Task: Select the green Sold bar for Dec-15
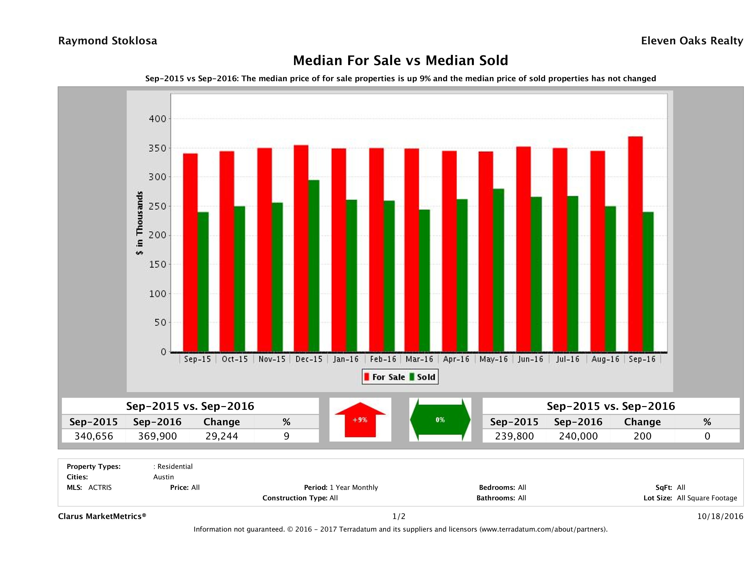click(x=314, y=265)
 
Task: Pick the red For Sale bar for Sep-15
click(x=190, y=252)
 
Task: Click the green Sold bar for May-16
click(x=498, y=270)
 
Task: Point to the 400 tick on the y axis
click(x=158, y=119)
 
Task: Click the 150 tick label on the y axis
click(x=158, y=265)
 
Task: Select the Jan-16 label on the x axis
click(x=346, y=359)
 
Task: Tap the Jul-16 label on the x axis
click(x=567, y=359)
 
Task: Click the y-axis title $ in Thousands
click(x=140, y=223)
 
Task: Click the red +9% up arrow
click(x=360, y=420)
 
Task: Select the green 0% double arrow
click(x=440, y=420)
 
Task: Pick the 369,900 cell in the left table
click(x=157, y=436)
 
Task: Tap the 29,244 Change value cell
click(x=222, y=436)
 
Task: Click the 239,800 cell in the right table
click(x=514, y=436)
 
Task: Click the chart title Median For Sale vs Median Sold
click(x=400, y=61)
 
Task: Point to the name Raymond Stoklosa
click(x=108, y=41)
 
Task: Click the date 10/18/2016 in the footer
click(x=720, y=516)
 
